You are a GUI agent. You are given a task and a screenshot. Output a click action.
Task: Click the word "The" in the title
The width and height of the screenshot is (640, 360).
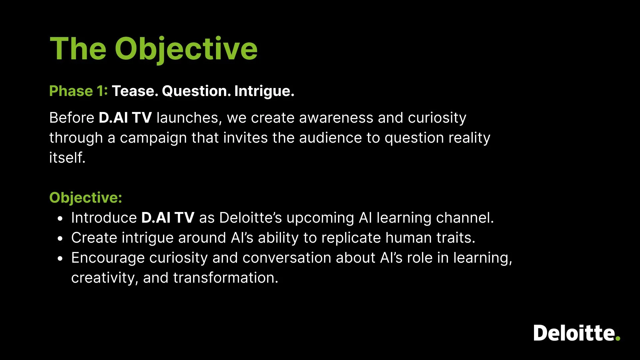(78, 49)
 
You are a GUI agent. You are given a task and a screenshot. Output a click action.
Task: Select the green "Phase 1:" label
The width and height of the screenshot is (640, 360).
(79, 91)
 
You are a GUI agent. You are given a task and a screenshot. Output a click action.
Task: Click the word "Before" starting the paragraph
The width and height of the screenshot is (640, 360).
(72, 118)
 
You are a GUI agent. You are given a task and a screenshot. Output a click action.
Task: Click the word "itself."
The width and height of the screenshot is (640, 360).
(67, 158)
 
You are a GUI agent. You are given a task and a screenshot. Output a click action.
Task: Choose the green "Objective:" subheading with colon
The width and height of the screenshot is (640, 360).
(86, 198)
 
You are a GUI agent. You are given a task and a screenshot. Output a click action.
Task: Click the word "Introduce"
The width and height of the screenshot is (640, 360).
(104, 218)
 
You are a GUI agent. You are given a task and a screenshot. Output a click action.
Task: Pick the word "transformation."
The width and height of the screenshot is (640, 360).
(226, 278)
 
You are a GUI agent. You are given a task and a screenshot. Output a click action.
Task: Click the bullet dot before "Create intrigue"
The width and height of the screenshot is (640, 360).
(60, 239)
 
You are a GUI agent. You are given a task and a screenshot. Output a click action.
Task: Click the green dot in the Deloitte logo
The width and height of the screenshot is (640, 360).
(618, 338)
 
